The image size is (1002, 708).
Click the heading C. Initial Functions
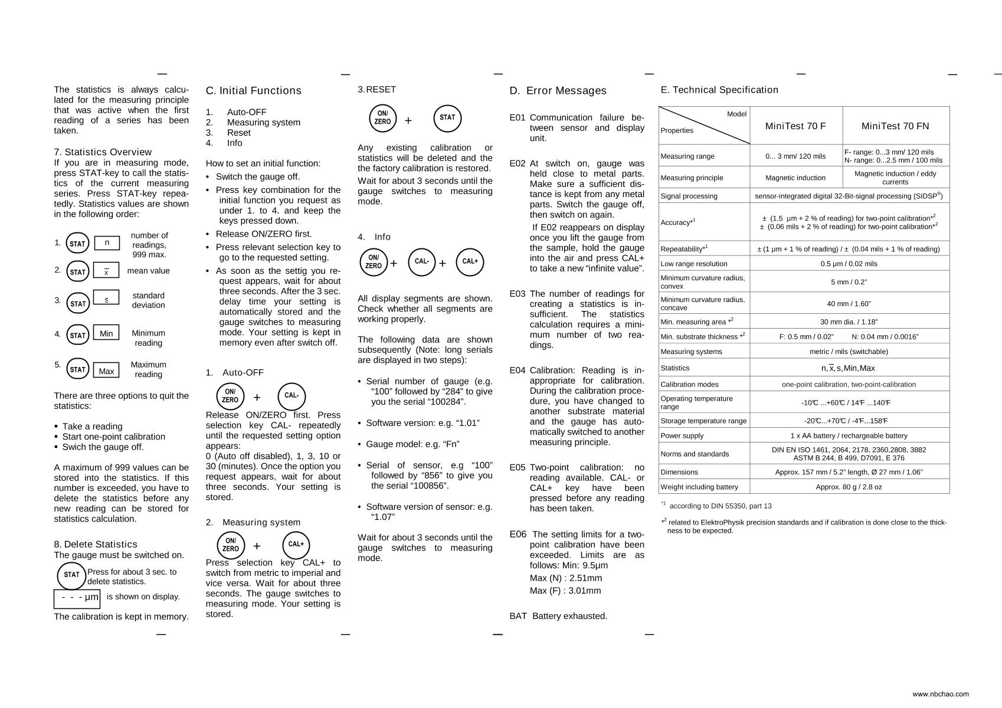253,91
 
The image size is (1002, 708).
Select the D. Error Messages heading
558,91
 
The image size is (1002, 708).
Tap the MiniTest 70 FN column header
895,126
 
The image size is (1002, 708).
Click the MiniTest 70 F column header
795,126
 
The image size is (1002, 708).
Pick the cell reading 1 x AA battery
849,435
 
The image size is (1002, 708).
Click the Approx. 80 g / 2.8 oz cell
849,487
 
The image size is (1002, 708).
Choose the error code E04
517,371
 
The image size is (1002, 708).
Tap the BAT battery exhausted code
518,616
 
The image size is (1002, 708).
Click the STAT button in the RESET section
447,118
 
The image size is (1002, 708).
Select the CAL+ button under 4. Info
470,262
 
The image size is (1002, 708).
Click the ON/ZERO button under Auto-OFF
230,396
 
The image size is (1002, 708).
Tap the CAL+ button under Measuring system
296,545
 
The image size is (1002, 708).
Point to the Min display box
106,333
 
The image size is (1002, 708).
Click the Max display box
106,371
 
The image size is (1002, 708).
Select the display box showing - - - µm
77,598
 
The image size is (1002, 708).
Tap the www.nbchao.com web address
940,694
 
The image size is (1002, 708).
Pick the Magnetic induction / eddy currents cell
895,178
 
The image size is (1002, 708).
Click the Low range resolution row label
693,264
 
